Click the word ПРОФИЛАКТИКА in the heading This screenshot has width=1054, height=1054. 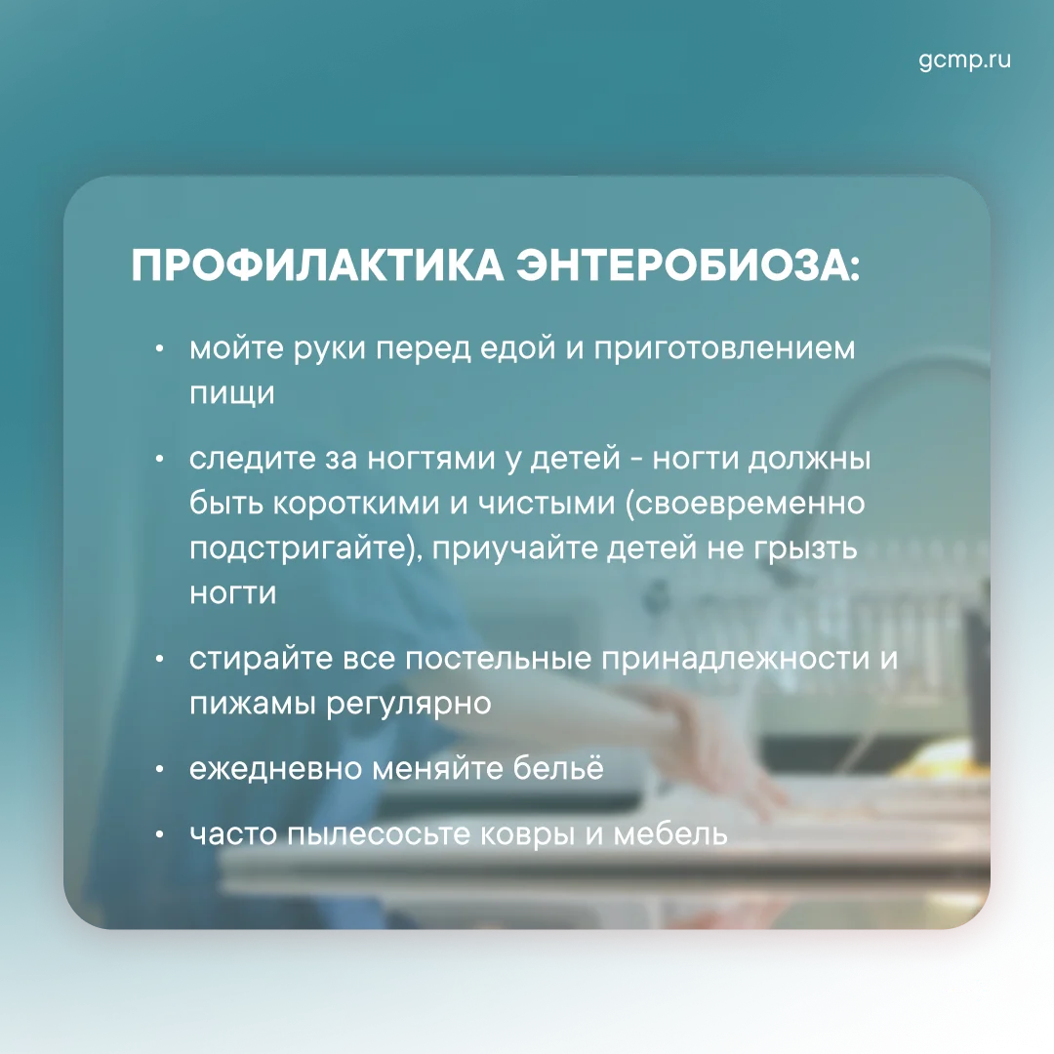(317, 264)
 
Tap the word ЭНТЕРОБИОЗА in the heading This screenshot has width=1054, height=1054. (688, 264)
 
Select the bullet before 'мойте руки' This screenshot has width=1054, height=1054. (159, 348)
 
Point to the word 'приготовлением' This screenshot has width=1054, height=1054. (724, 349)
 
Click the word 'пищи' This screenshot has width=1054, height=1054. (232, 393)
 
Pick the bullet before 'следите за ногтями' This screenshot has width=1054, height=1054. (159, 459)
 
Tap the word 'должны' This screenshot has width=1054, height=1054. (809, 460)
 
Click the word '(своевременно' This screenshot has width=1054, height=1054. (746, 504)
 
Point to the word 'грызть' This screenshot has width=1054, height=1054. (805, 548)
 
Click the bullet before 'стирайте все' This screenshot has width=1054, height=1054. (159, 659)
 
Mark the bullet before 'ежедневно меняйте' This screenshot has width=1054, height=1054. (159, 769)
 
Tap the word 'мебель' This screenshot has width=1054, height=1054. (670, 834)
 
